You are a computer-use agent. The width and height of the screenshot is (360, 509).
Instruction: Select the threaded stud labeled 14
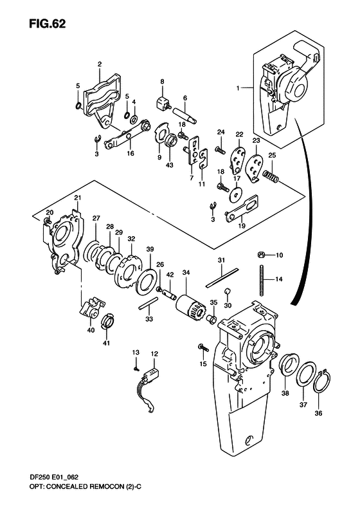262,279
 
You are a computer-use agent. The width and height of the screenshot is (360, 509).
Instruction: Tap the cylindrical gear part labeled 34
190,303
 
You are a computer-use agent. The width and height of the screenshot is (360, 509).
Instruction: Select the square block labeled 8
162,101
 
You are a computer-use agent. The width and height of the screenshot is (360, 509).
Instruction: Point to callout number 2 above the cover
100,64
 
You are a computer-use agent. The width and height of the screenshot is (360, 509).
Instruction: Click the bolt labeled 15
202,348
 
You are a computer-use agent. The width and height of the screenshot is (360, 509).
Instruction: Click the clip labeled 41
108,319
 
